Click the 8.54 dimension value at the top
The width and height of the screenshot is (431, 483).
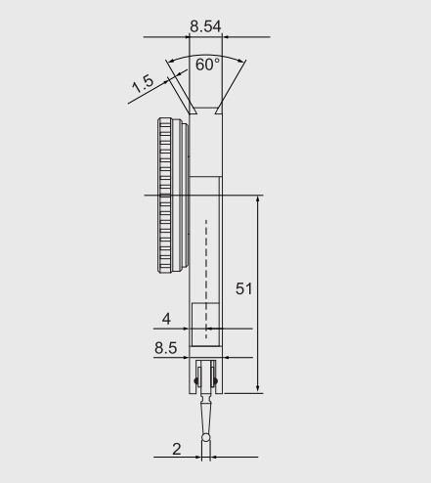[x=205, y=26]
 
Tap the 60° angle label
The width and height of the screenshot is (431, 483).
[x=207, y=65]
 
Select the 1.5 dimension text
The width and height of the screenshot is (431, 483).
[x=143, y=84]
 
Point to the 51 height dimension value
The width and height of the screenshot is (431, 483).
[x=243, y=288]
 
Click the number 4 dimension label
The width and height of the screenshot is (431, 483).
[x=166, y=319]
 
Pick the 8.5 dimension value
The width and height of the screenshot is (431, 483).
[x=166, y=348]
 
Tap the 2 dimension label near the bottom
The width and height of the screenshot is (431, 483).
[x=176, y=449]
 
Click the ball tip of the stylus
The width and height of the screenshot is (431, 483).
[x=206, y=437]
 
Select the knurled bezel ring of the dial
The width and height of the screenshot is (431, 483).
[x=165, y=196]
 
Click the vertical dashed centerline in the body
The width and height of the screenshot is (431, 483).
[x=206, y=280]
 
